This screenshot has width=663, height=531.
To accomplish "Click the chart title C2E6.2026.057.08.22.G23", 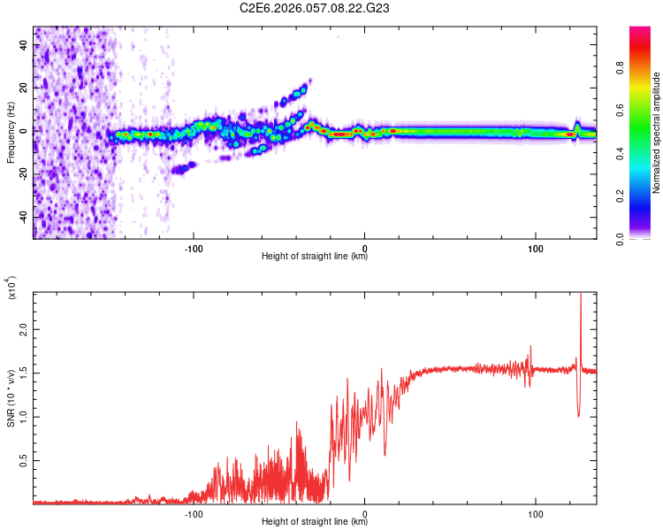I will coord(315,8).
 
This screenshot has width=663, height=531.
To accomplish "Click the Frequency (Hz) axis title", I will coord(11,132).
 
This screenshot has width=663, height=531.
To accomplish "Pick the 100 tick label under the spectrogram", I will coord(535,249).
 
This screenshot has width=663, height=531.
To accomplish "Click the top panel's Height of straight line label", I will coord(315,257).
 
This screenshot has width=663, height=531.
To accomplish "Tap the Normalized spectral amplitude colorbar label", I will coord(656,133).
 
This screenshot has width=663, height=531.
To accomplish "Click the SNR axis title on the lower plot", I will coord(11,396).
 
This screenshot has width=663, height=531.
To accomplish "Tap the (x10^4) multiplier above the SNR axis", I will coord(11,289).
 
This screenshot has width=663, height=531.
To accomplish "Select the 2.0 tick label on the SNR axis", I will coord(24,329).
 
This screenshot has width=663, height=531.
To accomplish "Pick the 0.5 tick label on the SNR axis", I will coord(24,460).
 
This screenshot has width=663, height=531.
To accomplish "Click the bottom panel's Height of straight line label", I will coord(315,521).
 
